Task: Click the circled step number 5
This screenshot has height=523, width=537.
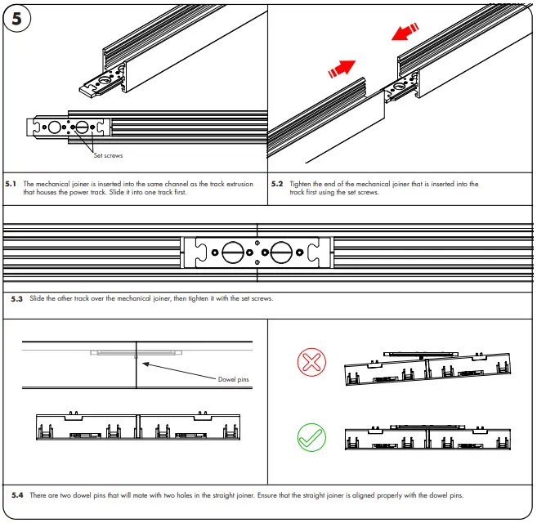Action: coord(17,18)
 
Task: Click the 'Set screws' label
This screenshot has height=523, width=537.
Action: coord(108,155)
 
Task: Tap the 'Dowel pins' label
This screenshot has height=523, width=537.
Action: coord(233,379)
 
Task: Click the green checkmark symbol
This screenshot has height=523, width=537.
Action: coord(311,438)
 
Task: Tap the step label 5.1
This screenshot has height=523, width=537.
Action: coord(11,185)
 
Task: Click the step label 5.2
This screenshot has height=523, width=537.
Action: coord(277,185)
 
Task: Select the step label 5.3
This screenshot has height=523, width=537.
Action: coord(18,299)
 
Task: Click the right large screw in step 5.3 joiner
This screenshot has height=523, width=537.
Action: coord(282,252)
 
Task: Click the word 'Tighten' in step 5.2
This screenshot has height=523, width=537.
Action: coord(302,185)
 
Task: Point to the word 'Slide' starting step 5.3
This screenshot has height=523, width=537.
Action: coord(38,299)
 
